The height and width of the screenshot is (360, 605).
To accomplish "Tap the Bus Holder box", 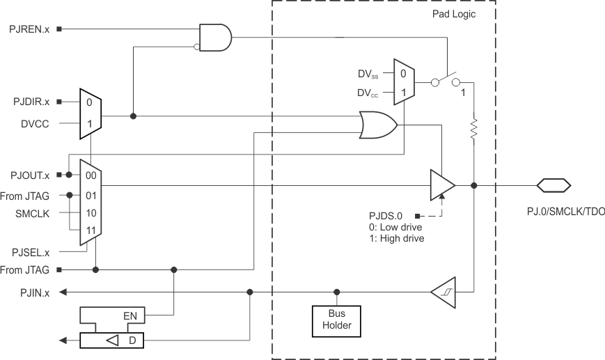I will [x=336, y=320].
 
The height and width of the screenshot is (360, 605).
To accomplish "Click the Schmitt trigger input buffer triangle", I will [x=442, y=292].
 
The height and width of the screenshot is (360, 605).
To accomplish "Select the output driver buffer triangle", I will [x=441, y=185].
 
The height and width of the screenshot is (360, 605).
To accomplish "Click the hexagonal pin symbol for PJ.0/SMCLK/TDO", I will [x=553, y=185].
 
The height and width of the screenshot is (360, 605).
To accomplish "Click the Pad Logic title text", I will [x=453, y=13].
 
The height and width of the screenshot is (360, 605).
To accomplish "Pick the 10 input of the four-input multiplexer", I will [x=91, y=212].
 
